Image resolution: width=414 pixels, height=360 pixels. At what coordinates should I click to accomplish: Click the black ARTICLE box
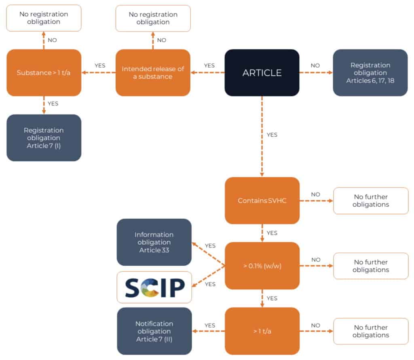pos(262,73)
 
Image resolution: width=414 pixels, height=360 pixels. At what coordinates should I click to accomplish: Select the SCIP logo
pos(154,287)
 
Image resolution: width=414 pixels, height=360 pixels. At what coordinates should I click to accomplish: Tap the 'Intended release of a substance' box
pos(153,73)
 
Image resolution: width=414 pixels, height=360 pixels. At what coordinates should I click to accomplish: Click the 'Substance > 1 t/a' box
pos(44,73)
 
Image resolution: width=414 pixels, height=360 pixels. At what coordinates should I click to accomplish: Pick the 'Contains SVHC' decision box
pos(262,201)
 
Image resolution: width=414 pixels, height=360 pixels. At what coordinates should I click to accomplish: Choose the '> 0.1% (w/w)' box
pos(262,266)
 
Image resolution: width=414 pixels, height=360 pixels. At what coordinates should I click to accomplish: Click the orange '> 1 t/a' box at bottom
pos(262,331)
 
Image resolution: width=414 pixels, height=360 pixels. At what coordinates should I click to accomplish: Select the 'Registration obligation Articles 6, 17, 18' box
pos(370,73)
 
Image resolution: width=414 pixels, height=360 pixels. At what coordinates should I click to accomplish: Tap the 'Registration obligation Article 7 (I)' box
pos(44,138)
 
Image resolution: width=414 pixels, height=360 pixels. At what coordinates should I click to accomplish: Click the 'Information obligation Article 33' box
pos(154,242)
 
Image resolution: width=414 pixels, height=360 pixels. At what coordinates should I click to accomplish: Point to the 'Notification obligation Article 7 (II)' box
pos(154,331)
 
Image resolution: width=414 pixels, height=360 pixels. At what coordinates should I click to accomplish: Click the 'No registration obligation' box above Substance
pos(44,18)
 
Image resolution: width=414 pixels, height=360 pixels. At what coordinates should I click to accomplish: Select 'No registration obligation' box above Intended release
pos(153,18)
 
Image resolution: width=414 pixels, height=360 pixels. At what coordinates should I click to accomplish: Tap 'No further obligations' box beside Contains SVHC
pos(370,201)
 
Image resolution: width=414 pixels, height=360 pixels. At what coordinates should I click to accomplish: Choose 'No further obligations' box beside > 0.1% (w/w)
pos(370,266)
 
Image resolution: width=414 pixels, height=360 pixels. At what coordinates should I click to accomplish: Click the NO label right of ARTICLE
pos(315,65)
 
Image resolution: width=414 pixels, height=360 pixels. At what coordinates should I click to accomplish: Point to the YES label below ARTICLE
pos(272,135)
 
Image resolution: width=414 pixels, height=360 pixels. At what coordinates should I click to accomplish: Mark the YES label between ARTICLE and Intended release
pos(209,65)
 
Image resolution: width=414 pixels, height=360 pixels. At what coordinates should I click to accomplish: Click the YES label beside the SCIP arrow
pos(210,284)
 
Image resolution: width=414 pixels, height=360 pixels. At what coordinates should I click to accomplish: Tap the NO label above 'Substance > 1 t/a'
pos(53,40)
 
